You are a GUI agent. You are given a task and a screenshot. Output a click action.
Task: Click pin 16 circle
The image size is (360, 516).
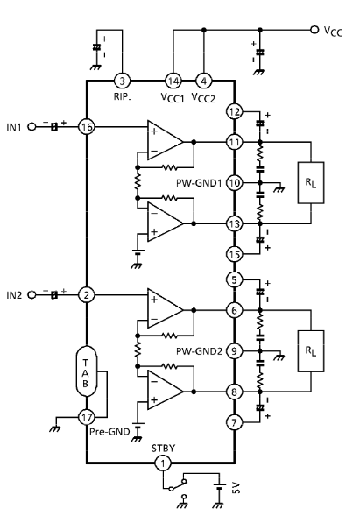coord(87,127)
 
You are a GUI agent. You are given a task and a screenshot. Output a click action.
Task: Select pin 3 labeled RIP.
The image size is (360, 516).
coord(122,81)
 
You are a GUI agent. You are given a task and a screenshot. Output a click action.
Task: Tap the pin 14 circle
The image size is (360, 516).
coord(173,81)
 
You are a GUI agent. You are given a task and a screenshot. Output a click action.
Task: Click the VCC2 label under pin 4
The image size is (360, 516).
coord(203,98)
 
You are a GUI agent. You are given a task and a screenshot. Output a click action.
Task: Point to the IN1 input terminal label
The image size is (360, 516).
coord(14,127)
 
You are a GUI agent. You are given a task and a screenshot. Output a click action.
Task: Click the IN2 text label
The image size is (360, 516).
coord(14,295)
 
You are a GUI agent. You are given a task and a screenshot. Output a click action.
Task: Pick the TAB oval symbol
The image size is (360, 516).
coord(86,371)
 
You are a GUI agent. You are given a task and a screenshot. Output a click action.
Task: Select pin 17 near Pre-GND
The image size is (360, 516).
coord(87,418)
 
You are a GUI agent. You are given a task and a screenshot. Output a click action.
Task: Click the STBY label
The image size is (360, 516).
coord(163,449)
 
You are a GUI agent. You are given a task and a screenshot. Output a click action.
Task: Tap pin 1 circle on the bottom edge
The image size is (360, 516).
coord(163,463)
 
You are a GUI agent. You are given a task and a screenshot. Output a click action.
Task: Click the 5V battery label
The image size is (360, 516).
coord(236,488)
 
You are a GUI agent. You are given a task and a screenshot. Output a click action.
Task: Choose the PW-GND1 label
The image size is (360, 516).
coord(199,183)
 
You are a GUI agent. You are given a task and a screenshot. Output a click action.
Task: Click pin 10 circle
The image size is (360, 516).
coord(234,183)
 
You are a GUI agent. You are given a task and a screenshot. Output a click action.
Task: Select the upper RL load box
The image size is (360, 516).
coord(311,182)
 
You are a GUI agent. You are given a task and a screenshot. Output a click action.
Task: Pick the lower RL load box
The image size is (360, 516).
coord(311,351)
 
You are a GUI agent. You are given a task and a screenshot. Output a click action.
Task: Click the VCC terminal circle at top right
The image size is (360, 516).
coord(314,30)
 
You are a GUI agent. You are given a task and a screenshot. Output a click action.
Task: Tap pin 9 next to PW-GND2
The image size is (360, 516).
coord(234,351)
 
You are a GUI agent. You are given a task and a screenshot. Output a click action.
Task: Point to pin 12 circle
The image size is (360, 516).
coord(234,111)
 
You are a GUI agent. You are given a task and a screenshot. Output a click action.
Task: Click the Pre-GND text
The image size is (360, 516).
coord(109,432)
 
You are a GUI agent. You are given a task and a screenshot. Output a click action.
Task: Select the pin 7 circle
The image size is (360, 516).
coord(234,422)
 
